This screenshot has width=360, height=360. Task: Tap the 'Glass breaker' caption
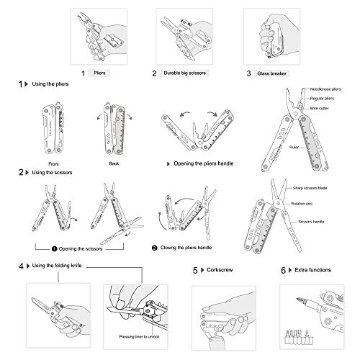(x=271, y=73)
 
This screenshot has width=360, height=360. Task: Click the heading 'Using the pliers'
(x=50, y=85)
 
